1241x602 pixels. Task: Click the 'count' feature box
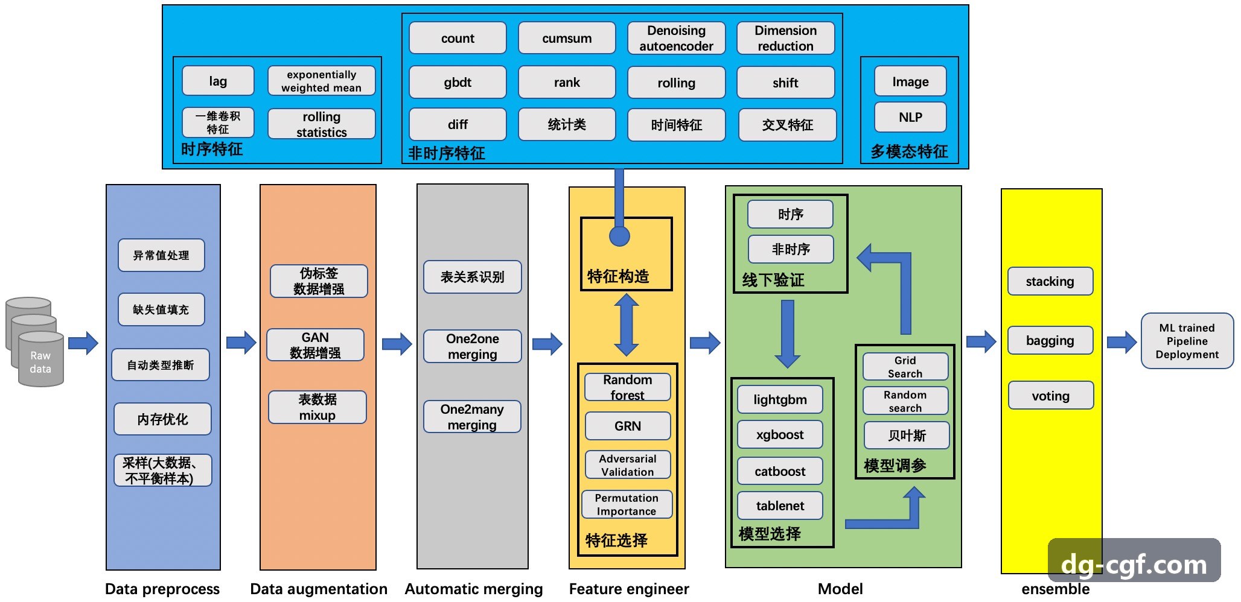(x=458, y=38)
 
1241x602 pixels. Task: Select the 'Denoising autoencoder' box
(x=676, y=38)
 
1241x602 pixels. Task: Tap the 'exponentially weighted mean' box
(x=321, y=81)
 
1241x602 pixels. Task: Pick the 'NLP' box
(x=910, y=117)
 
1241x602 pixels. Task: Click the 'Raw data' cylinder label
(x=40, y=362)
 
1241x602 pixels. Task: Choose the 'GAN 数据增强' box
(x=315, y=345)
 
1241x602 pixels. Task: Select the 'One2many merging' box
(x=472, y=417)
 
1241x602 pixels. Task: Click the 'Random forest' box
(x=627, y=387)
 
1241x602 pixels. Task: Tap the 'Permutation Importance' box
(x=627, y=504)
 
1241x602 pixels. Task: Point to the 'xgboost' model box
(x=780, y=434)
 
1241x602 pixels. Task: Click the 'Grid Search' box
(x=905, y=367)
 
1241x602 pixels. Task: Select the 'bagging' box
(x=1050, y=340)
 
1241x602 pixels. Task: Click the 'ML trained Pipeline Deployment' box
(x=1187, y=341)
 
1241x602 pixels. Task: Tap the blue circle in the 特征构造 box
(x=619, y=236)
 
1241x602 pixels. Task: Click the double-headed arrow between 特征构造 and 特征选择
(x=627, y=325)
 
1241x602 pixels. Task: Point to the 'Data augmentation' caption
(x=319, y=589)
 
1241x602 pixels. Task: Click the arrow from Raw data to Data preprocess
(x=83, y=343)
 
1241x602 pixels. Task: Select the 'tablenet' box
(x=780, y=505)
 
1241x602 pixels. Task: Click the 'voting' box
(x=1050, y=396)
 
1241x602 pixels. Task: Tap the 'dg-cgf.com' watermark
(x=1134, y=564)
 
